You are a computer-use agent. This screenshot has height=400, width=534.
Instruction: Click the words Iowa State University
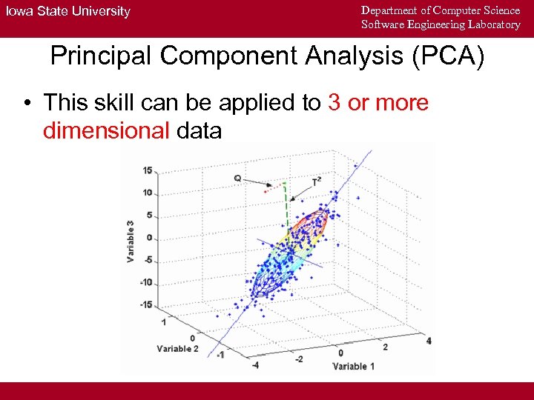click(68, 11)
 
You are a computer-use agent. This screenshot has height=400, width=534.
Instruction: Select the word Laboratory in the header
click(494, 24)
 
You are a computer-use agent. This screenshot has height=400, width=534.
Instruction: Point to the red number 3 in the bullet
click(334, 102)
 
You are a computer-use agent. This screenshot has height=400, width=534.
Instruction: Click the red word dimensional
click(107, 131)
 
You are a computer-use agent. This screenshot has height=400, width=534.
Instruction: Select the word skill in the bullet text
click(115, 102)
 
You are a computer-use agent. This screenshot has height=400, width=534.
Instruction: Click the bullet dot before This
click(26, 103)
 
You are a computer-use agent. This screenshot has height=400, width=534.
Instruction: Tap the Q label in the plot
click(237, 178)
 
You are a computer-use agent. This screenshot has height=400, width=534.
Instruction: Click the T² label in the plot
click(317, 181)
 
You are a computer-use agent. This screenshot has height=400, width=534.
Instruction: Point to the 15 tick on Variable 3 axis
click(148, 170)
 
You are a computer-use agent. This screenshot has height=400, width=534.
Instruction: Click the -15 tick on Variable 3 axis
click(146, 304)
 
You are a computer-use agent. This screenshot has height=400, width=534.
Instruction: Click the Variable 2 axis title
click(177, 348)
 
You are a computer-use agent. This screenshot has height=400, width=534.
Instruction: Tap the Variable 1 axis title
click(354, 366)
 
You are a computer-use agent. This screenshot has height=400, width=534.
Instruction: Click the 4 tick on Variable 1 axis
click(429, 341)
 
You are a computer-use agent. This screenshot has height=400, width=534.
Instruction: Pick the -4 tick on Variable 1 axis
click(256, 364)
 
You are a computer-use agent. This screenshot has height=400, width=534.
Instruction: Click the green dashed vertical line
click(284, 204)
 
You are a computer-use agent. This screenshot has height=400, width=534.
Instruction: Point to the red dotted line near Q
click(274, 188)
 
